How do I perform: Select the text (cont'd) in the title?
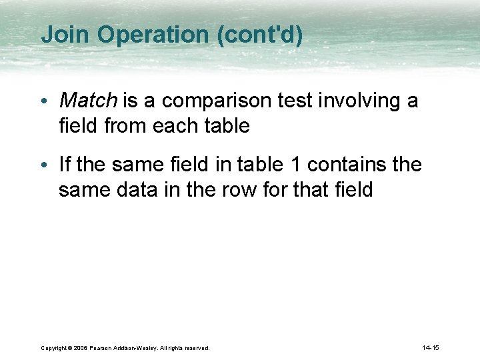[x=259, y=35]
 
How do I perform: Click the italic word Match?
[x=87, y=101]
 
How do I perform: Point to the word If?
[x=65, y=164]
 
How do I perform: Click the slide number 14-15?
[x=431, y=348]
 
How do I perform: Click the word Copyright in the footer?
[x=53, y=348]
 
